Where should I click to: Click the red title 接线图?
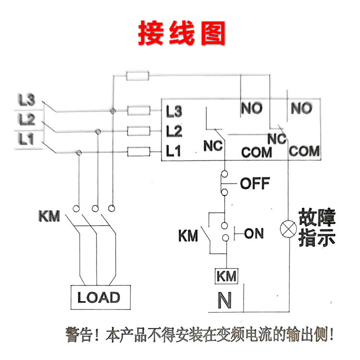[181, 32]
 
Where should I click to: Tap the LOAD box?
[98, 297]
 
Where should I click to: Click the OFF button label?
[254, 183]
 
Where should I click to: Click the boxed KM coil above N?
[226, 277]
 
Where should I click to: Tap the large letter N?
[225, 300]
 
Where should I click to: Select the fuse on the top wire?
[137, 75]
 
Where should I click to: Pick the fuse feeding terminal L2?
[139, 130]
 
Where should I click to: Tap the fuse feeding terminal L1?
[139, 152]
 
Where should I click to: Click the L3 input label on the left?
[27, 100]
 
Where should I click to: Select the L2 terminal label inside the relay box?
[173, 131]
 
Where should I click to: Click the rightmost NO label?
[301, 109]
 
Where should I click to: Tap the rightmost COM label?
[304, 151]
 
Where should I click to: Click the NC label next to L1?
[213, 146]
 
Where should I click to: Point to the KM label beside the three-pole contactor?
[49, 216]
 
